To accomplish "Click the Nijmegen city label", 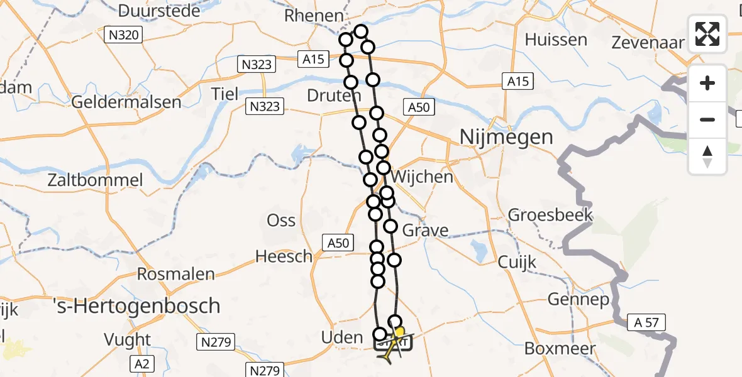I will coord(506,136).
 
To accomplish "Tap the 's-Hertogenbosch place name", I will coord(136,306).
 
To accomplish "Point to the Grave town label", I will coord(426,230).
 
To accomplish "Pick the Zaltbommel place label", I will coord(96,180).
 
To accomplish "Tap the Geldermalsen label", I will coord(127,102).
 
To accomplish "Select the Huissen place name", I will coord(556,40).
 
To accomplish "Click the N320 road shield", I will coord(123,35).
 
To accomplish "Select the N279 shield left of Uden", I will coord(216,342).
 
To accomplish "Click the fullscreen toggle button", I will coord(707,34).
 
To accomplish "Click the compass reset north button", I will coord(707,156).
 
